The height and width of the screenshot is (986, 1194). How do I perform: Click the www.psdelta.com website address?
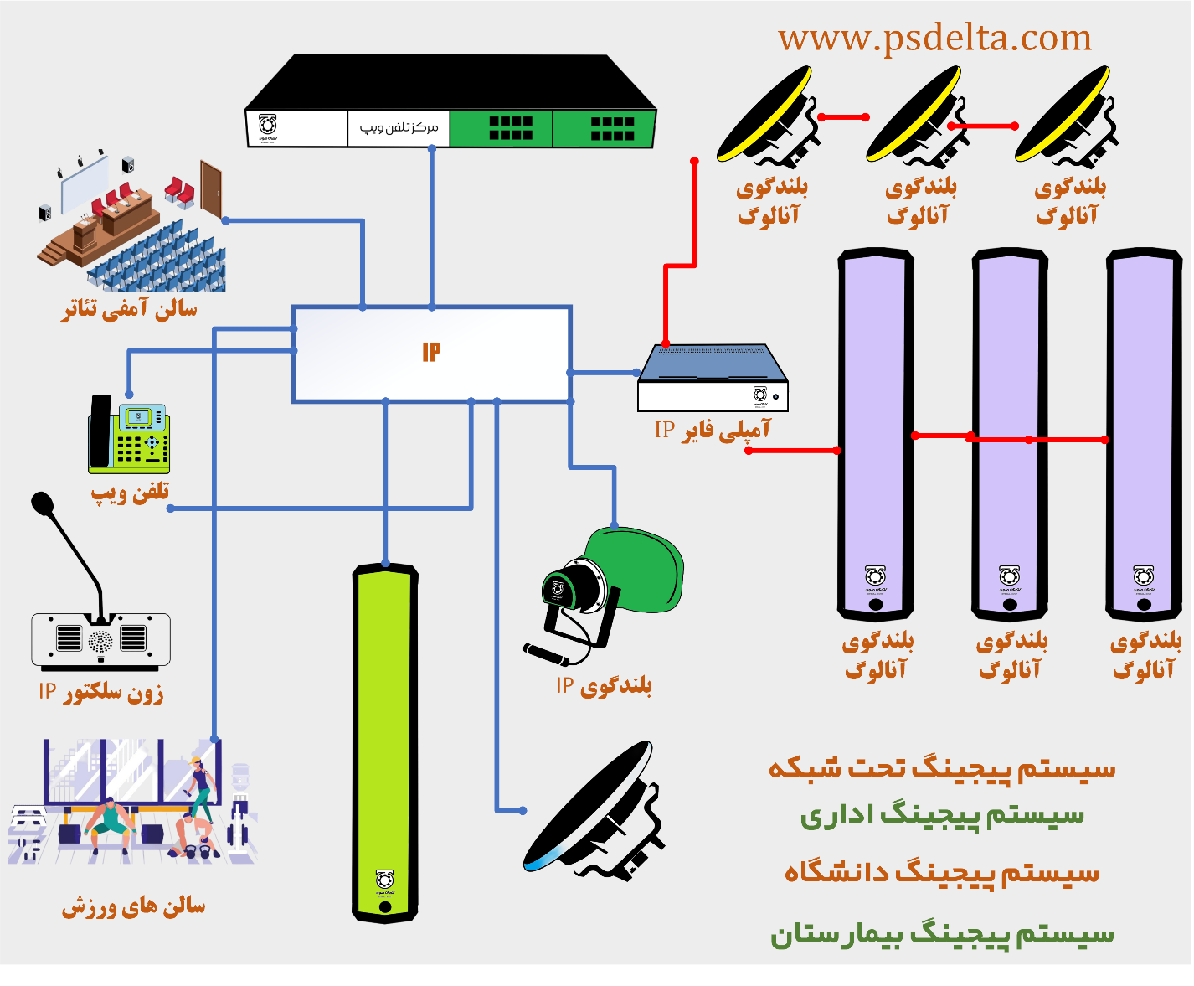934,39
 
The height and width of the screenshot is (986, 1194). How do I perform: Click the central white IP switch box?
431,354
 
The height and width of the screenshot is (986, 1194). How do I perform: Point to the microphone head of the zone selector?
42,503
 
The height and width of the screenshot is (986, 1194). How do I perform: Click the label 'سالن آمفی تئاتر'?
130,309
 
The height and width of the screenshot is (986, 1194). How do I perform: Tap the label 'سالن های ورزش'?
133,906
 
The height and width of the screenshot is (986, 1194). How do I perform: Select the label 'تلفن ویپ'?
131,492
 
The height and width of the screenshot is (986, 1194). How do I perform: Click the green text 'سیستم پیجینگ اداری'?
942,814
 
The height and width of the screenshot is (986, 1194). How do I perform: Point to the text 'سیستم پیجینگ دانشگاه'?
942,873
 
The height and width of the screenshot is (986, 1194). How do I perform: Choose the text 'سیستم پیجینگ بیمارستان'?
942,933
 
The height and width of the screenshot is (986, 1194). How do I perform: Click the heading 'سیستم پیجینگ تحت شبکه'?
942,768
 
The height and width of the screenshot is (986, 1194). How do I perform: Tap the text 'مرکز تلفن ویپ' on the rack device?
399,127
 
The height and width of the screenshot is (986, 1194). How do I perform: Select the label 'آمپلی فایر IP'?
712,431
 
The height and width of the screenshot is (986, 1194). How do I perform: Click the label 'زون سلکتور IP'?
100,692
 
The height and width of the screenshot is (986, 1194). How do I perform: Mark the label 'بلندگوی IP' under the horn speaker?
604,686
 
